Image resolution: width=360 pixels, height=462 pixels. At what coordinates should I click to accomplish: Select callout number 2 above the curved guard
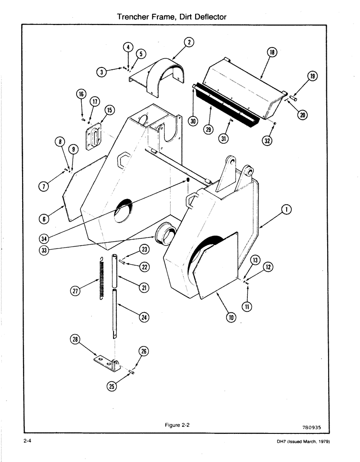pyautogui.click(x=189, y=43)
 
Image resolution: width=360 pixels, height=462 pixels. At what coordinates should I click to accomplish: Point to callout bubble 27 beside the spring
pyautogui.click(x=75, y=291)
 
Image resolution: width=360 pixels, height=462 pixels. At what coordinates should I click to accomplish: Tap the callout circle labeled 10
pyautogui.click(x=231, y=317)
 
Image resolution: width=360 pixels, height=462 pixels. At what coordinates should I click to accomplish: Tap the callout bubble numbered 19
pyautogui.click(x=313, y=77)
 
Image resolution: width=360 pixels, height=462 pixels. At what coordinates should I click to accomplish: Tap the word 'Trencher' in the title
pyautogui.click(x=134, y=17)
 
